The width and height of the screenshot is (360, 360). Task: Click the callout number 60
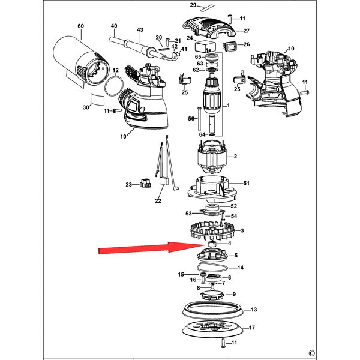point(81,26)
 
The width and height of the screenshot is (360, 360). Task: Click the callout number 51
point(247,183)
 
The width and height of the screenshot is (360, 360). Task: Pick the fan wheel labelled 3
point(212,231)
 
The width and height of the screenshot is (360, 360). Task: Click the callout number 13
point(253,310)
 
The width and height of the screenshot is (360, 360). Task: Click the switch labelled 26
point(230,46)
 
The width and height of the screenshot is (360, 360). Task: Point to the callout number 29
point(193,5)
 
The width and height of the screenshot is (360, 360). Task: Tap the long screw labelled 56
point(199,119)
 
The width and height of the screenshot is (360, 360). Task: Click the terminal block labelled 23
point(145,183)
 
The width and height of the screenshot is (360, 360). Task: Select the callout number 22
point(158,200)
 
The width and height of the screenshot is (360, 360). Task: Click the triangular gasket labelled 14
point(212,268)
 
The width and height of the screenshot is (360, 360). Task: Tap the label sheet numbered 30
point(98,99)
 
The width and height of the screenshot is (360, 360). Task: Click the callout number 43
point(140,30)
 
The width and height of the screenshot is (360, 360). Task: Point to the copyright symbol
point(311,353)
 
